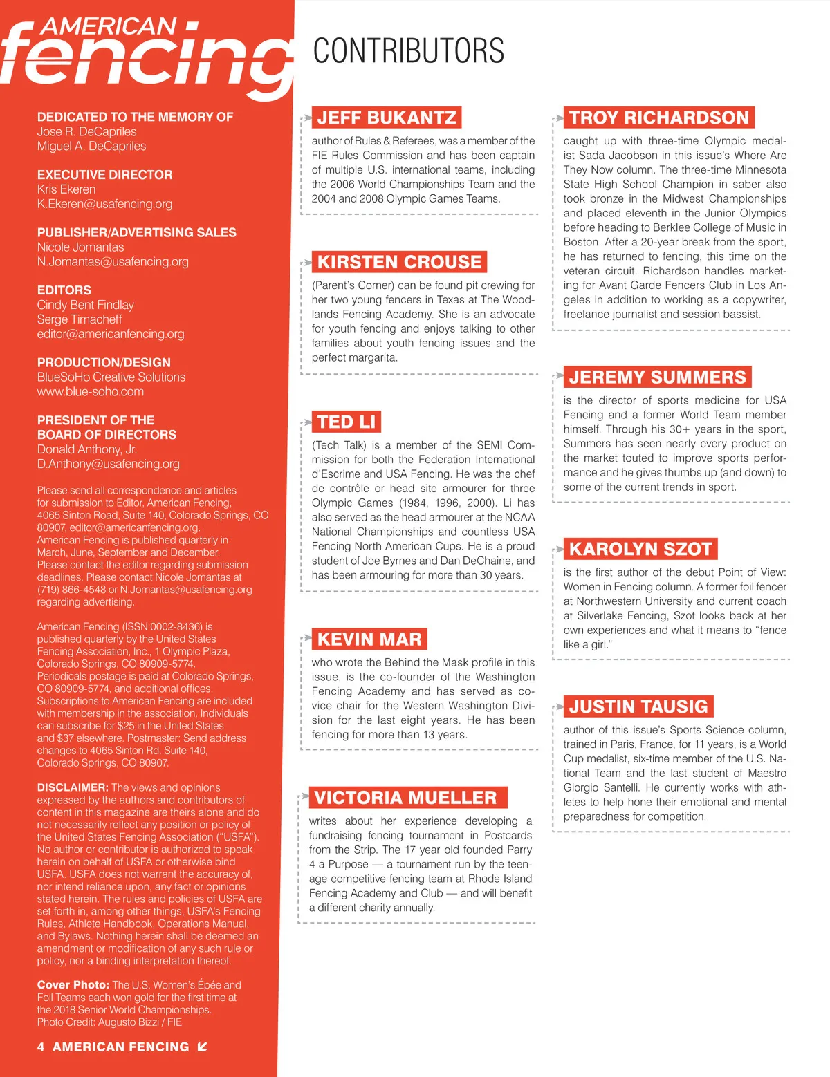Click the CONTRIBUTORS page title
[x=408, y=51]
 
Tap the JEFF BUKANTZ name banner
[x=387, y=118]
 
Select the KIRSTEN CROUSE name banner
[x=399, y=262]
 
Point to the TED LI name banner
[x=346, y=422]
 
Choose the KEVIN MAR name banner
[x=369, y=639]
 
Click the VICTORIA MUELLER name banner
[x=405, y=798]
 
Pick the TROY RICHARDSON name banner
[x=658, y=118]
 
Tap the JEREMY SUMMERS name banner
[x=657, y=377]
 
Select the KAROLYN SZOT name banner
[x=640, y=549]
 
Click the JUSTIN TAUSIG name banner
[x=638, y=706]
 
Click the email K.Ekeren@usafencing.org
[x=104, y=204]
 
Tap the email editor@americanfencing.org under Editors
[x=111, y=334]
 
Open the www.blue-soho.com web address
[x=91, y=392]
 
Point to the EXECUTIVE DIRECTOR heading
[x=104, y=175]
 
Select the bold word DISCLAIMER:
[x=73, y=787]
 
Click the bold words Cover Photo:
[x=73, y=985]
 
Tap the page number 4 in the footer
[x=41, y=1047]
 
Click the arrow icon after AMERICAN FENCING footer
[x=202, y=1047]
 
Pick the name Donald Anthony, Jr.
[x=86, y=449]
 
